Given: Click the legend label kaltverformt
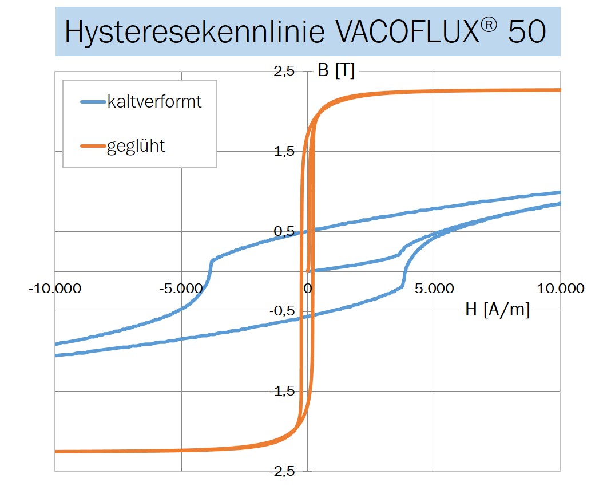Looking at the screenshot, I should click(x=154, y=102).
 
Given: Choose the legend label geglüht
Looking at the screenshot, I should click(x=136, y=146).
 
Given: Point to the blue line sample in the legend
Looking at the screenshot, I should click(x=93, y=102).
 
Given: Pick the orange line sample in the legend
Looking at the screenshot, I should click(x=93, y=146).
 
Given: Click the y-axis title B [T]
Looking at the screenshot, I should click(x=336, y=72).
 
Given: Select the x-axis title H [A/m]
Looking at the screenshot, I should click(x=497, y=310).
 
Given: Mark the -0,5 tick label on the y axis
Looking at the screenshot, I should click(x=283, y=311).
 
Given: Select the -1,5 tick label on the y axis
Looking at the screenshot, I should click(x=283, y=391).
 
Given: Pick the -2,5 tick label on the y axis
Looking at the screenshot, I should click(x=283, y=471).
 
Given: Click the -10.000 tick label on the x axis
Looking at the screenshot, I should click(x=55, y=288).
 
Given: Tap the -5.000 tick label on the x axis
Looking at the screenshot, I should click(x=181, y=288).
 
